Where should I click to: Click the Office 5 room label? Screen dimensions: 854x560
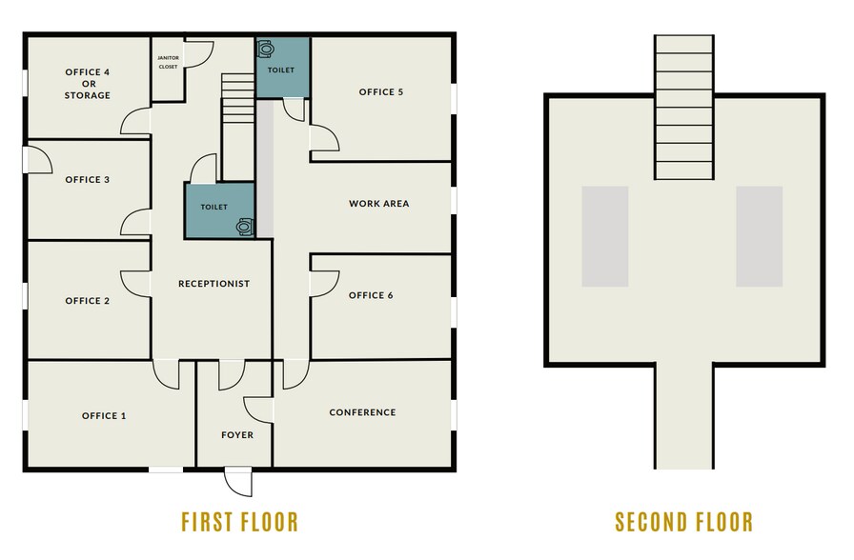pyautogui.click(x=380, y=92)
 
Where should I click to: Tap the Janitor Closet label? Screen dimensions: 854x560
pyautogui.click(x=168, y=62)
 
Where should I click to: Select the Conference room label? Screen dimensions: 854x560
pyautogui.click(x=362, y=412)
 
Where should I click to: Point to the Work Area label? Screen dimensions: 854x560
pyautogui.click(x=378, y=204)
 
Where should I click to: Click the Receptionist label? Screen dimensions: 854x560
pyautogui.click(x=213, y=284)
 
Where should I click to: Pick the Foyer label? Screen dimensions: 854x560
pyautogui.click(x=237, y=435)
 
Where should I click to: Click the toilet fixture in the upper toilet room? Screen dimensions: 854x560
pyautogui.click(x=265, y=49)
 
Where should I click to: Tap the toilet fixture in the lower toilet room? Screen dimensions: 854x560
pyautogui.click(x=245, y=226)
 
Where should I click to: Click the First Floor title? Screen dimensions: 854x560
pyautogui.click(x=239, y=522)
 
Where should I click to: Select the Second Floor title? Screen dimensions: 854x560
pyautogui.click(x=684, y=522)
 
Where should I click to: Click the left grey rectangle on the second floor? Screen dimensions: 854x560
pyautogui.click(x=605, y=237)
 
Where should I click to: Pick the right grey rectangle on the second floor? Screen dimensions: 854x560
pyautogui.click(x=760, y=237)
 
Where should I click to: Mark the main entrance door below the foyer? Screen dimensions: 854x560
pyautogui.click(x=238, y=481)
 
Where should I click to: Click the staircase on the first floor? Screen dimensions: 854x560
pyautogui.click(x=237, y=127)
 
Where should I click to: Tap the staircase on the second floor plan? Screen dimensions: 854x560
pyautogui.click(x=684, y=108)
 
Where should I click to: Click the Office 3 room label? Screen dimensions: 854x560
pyautogui.click(x=87, y=180)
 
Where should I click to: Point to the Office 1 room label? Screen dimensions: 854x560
pyautogui.click(x=104, y=416)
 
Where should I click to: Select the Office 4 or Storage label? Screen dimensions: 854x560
pyautogui.click(x=88, y=83)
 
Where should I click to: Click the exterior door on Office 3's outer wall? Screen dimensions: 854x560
pyautogui.click(x=37, y=159)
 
